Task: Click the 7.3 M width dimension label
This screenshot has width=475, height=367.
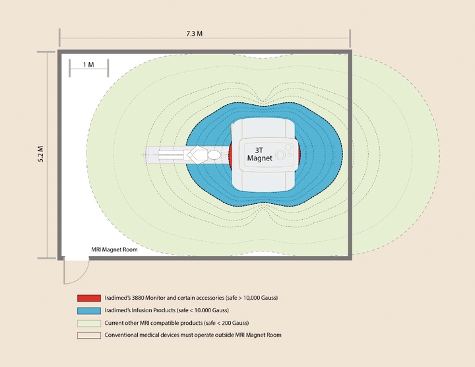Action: pyautogui.click(x=195, y=34)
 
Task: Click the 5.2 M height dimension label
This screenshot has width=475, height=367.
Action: pyautogui.click(x=41, y=154)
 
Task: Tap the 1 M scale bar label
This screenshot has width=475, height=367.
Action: pyautogui.click(x=88, y=65)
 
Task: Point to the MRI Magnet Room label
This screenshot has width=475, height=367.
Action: pyautogui.click(x=115, y=250)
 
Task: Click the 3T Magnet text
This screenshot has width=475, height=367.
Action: pyautogui.click(x=260, y=154)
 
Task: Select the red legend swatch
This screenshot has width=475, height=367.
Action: pyautogui.click(x=89, y=298)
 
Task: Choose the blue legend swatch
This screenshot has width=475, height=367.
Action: pyautogui.click(x=89, y=311)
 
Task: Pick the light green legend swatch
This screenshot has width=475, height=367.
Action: pyautogui.click(x=89, y=323)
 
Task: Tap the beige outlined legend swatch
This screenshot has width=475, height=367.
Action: pyautogui.click(x=89, y=335)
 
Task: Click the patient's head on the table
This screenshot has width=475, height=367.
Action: pyautogui.click(x=214, y=155)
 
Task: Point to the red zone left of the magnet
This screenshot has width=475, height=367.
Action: pyautogui.click(x=230, y=154)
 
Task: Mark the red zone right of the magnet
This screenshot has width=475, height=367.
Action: pyautogui.click(x=298, y=154)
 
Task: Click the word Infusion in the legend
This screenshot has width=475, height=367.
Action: pyautogui.click(x=141, y=310)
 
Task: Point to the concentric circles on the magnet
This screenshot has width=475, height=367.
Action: pyautogui.click(x=280, y=154)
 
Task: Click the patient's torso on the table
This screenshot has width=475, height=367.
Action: pyautogui.click(x=197, y=155)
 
